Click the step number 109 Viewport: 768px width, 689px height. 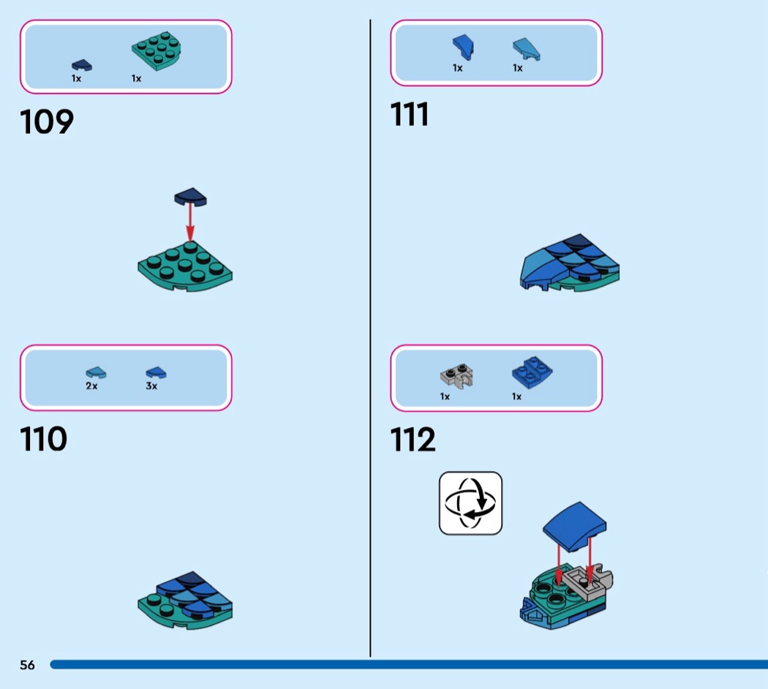point(48,121)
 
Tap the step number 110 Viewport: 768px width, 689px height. point(44,440)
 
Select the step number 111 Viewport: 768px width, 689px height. point(410,114)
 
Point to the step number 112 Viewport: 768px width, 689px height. point(413,440)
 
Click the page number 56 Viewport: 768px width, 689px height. point(27,665)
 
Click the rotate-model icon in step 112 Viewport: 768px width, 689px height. point(470,502)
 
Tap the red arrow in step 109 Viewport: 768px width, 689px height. point(190,222)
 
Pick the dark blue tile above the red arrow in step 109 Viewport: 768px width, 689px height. point(190,196)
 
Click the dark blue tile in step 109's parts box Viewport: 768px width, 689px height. point(82,66)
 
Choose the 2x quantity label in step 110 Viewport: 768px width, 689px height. point(91,386)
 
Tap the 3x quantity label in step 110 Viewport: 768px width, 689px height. point(151,386)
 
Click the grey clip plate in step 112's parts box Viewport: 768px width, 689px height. point(456,376)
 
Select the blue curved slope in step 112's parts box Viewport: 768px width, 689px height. point(531,373)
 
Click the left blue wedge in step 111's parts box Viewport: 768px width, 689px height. point(462,47)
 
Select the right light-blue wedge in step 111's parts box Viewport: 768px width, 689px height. point(524,49)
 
